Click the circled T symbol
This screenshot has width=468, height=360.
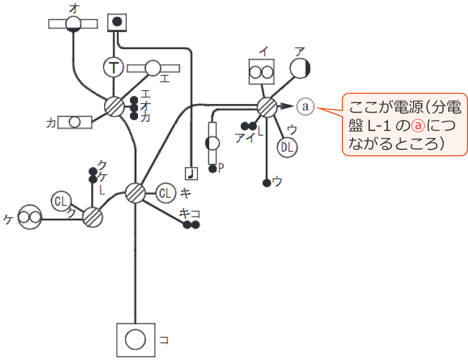coord(114,67)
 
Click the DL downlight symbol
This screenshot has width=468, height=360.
coord(288,146)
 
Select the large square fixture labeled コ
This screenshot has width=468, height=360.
coord(135,339)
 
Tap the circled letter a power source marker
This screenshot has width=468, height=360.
coord(306,106)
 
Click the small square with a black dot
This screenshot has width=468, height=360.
coord(118,23)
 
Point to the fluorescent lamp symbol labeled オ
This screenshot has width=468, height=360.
coord(73,24)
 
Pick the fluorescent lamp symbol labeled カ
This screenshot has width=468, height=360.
coord(75,122)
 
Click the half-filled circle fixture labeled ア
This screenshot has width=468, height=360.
coord(300,68)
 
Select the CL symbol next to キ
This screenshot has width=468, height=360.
coord(166,192)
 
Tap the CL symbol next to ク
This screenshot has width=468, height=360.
coord(61,202)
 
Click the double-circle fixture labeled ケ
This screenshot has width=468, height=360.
coord(30,218)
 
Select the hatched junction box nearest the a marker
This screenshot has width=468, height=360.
coord(267,107)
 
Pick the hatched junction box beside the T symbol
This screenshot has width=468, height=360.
coord(114,106)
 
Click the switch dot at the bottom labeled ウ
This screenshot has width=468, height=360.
coord(266,183)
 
